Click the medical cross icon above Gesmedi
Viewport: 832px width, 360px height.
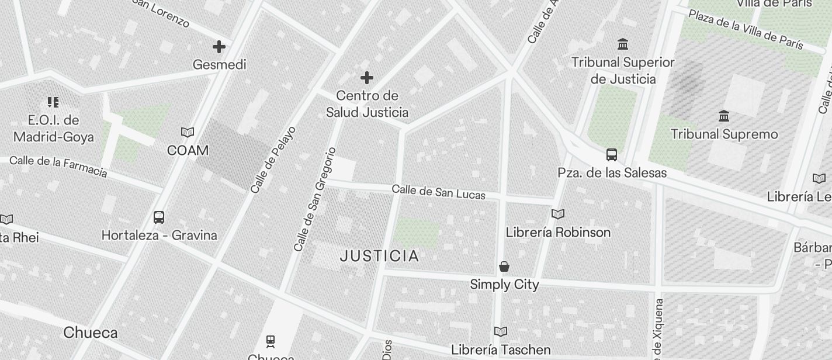pos(219,47)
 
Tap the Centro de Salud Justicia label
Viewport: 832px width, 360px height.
pos(368,104)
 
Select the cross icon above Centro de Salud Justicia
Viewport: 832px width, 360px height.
pos(367,78)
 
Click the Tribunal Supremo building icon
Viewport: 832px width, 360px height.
pos(724,116)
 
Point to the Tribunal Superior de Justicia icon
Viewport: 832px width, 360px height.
pos(623,44)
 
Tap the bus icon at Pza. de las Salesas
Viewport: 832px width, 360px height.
pos(612,154)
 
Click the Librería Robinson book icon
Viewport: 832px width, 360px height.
pos(558,214)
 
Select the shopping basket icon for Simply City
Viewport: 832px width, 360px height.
pos(504,266)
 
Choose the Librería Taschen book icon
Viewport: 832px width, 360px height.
pos(501,332)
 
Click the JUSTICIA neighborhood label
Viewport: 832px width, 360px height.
pos(380,256)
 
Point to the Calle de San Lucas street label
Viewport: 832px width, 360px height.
pos(438,192)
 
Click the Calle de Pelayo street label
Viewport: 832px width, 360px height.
pos(273,160)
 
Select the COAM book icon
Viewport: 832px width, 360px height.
pos(188,132)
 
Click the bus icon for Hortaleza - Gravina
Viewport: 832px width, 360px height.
pos(158,217)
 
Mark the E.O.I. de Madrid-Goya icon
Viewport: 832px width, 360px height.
pos(53,102)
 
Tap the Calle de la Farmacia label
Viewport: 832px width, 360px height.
pos(58,167)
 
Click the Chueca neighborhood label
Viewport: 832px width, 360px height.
pos(91,333)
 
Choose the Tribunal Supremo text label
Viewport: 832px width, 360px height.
pos(724,134)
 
